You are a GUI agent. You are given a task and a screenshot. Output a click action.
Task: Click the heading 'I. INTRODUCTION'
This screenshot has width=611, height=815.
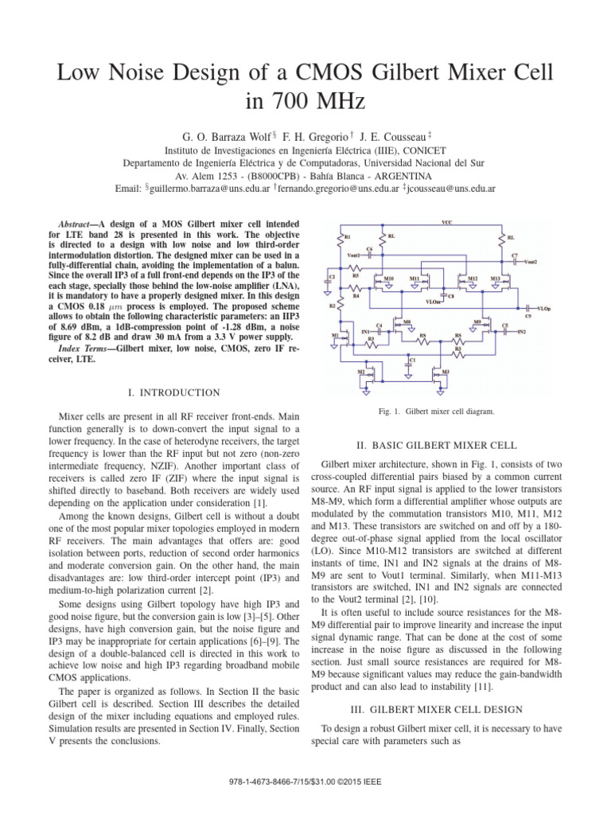click(x=174, y=392)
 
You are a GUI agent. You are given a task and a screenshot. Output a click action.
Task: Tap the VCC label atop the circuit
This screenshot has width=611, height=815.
click(x=446, y=223)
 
